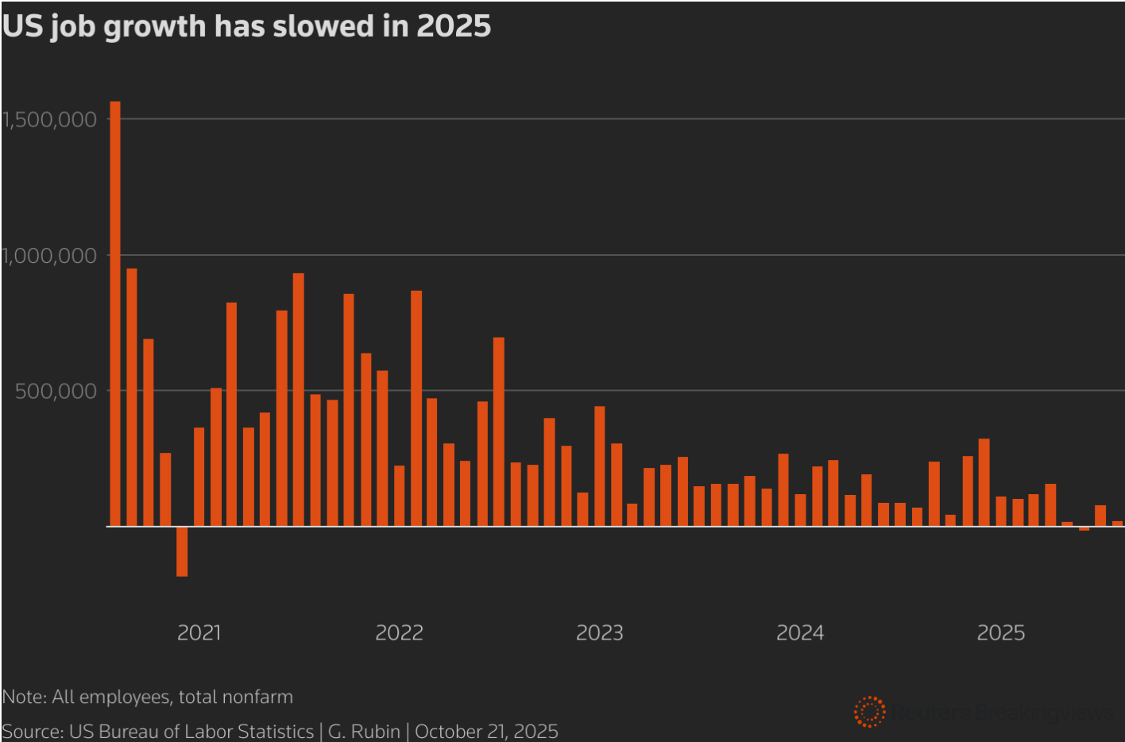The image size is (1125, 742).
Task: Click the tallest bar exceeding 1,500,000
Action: pyautogui.click(x=115, y=314)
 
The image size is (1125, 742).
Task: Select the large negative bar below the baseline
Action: pyautogui.click(x=182, y=551)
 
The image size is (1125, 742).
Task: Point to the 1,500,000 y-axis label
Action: pyautogui.click(x=49, y=120)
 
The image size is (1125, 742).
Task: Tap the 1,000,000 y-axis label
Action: pyautogui.click(x=49, y=256)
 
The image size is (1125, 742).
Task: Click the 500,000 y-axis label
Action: pyautogui.click(x=56, y=391)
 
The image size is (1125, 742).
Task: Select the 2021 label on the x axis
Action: pyautogui.click(x=199, y=633)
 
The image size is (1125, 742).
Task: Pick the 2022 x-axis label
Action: pyautogui.click(x=399, y=633)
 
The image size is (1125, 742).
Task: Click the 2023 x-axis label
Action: pyautogui.click(x=599, y=633)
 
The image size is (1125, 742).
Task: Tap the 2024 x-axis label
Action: pyautogui.click(x=800, y=633)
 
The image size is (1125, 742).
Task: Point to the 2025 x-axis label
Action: pyautogui.click(x=1000, y=633)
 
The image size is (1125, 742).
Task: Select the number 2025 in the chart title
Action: pyautogui.click(x=454, y=26)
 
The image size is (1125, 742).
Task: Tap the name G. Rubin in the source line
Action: pyautogui.click(x=364, y=732)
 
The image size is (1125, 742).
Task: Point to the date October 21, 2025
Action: pyautogui.click(x=486, y=732)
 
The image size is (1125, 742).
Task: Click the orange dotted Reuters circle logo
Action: pyautogui.click(x=869, y=712)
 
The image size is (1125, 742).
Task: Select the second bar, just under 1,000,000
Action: pyautogui.click(x=132, y=397)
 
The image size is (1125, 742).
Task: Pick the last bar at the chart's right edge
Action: pyautogui.click(x=1117, y=524)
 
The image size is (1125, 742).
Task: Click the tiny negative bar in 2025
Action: pyautogui.click(x=1084, y=528)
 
